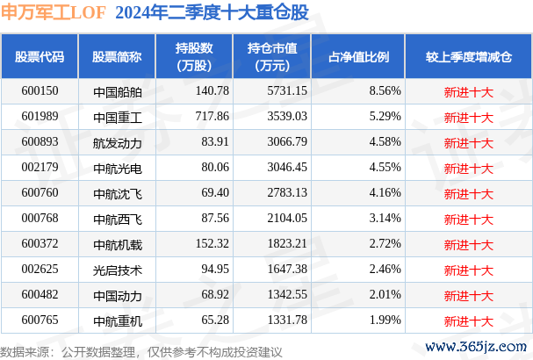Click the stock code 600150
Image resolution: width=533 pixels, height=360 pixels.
click(39, 90)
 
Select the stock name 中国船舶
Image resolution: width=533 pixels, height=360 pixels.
click(116, 90)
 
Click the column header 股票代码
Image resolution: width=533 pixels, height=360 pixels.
click(40, 55)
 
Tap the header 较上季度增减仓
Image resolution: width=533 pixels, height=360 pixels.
click(468, 55)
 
